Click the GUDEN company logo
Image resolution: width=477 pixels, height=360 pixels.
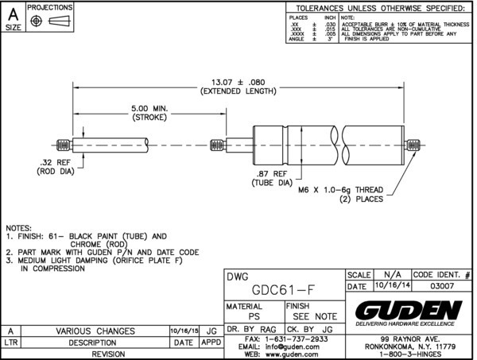(409, 310)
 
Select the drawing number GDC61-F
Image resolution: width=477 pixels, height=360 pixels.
(285, 288)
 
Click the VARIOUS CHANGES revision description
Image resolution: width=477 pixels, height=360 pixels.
(95, 331)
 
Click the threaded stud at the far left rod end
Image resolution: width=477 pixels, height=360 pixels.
(64, 145)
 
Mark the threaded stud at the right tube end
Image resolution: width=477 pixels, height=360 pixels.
(413, 145)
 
